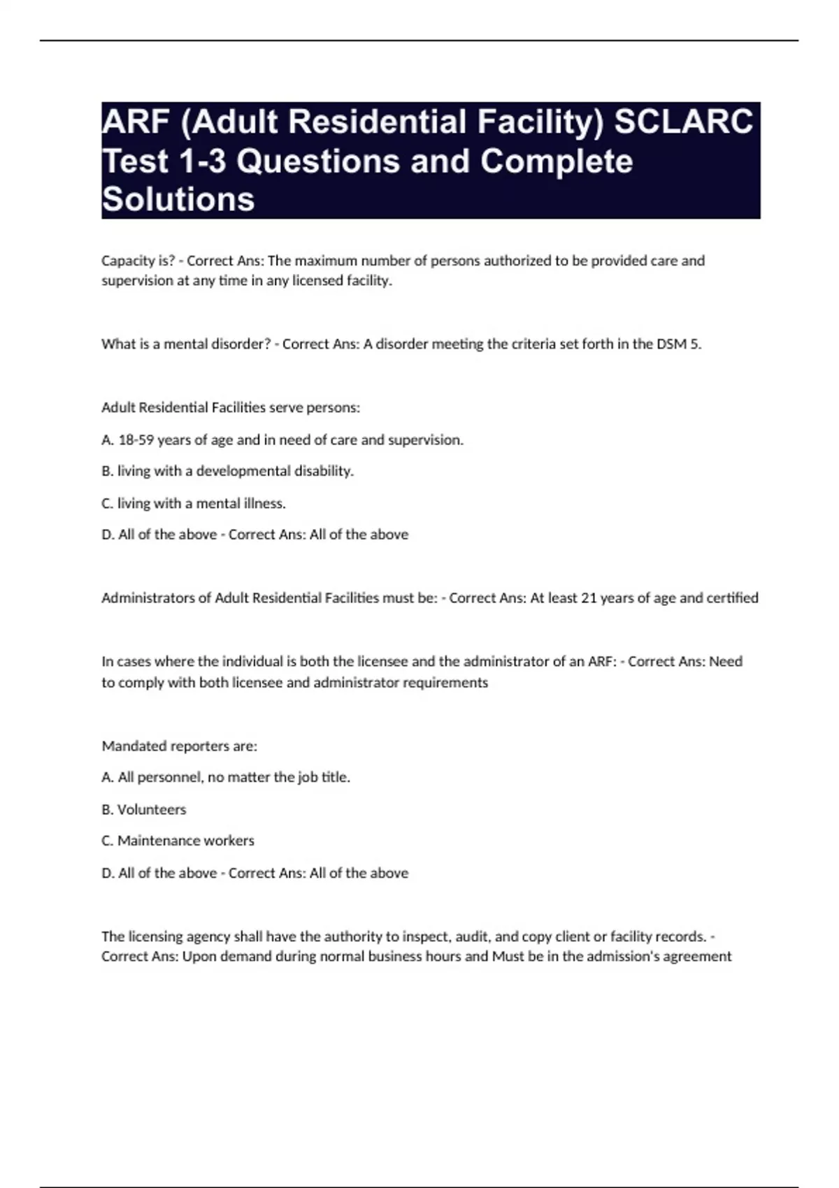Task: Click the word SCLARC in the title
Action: coord(683,122)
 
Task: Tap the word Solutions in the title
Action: coord(178,200)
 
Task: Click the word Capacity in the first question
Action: coord(126,261)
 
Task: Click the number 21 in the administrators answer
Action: coord(589,598)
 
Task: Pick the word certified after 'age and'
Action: coord(732,598)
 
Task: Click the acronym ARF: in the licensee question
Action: coord(602,662)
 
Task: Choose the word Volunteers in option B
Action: coord(152,810)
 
